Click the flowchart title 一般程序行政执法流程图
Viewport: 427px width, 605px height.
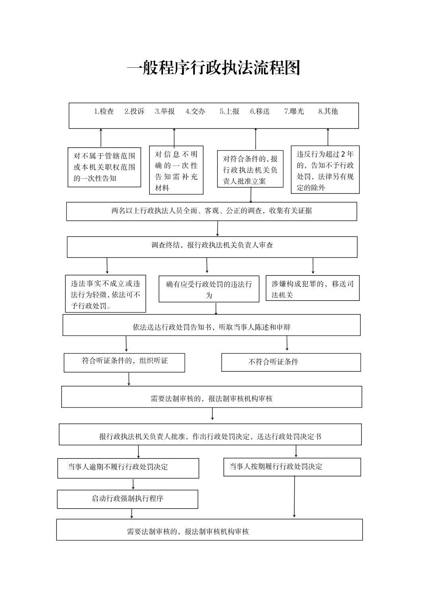[x=213, y=67]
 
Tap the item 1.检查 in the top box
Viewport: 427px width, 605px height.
[x=104, y=111]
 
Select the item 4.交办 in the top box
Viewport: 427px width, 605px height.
[x=195, y=111]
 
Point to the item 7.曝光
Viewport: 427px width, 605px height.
[x=294, y=111]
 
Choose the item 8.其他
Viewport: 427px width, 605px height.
[x=328, y=111]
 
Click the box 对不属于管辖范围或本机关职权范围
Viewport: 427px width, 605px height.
[x=104, y=167]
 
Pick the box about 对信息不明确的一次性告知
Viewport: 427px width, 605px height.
[x=176, y=170]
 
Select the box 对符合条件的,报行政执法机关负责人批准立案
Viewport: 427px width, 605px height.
[x=250, y=169]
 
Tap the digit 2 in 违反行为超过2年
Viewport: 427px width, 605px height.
[x=343, y=154]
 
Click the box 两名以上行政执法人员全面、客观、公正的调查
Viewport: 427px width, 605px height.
[x=212, y=211]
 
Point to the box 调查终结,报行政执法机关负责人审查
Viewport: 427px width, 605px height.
[x=212, y=247]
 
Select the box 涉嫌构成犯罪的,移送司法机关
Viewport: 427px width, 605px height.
[x=312, y=288]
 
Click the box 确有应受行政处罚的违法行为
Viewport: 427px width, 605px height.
[x=209, y=289]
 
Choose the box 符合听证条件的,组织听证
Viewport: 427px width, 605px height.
[x=124, y=363]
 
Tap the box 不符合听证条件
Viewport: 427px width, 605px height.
[x=291, y=363]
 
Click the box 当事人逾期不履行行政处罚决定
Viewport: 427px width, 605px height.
[x=128, y=468]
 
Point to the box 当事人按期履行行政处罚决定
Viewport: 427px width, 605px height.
[x=292, y=467]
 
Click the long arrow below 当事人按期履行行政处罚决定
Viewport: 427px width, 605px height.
[x=294, y=496]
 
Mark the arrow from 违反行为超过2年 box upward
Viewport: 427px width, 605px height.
[x=328, y=137]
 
